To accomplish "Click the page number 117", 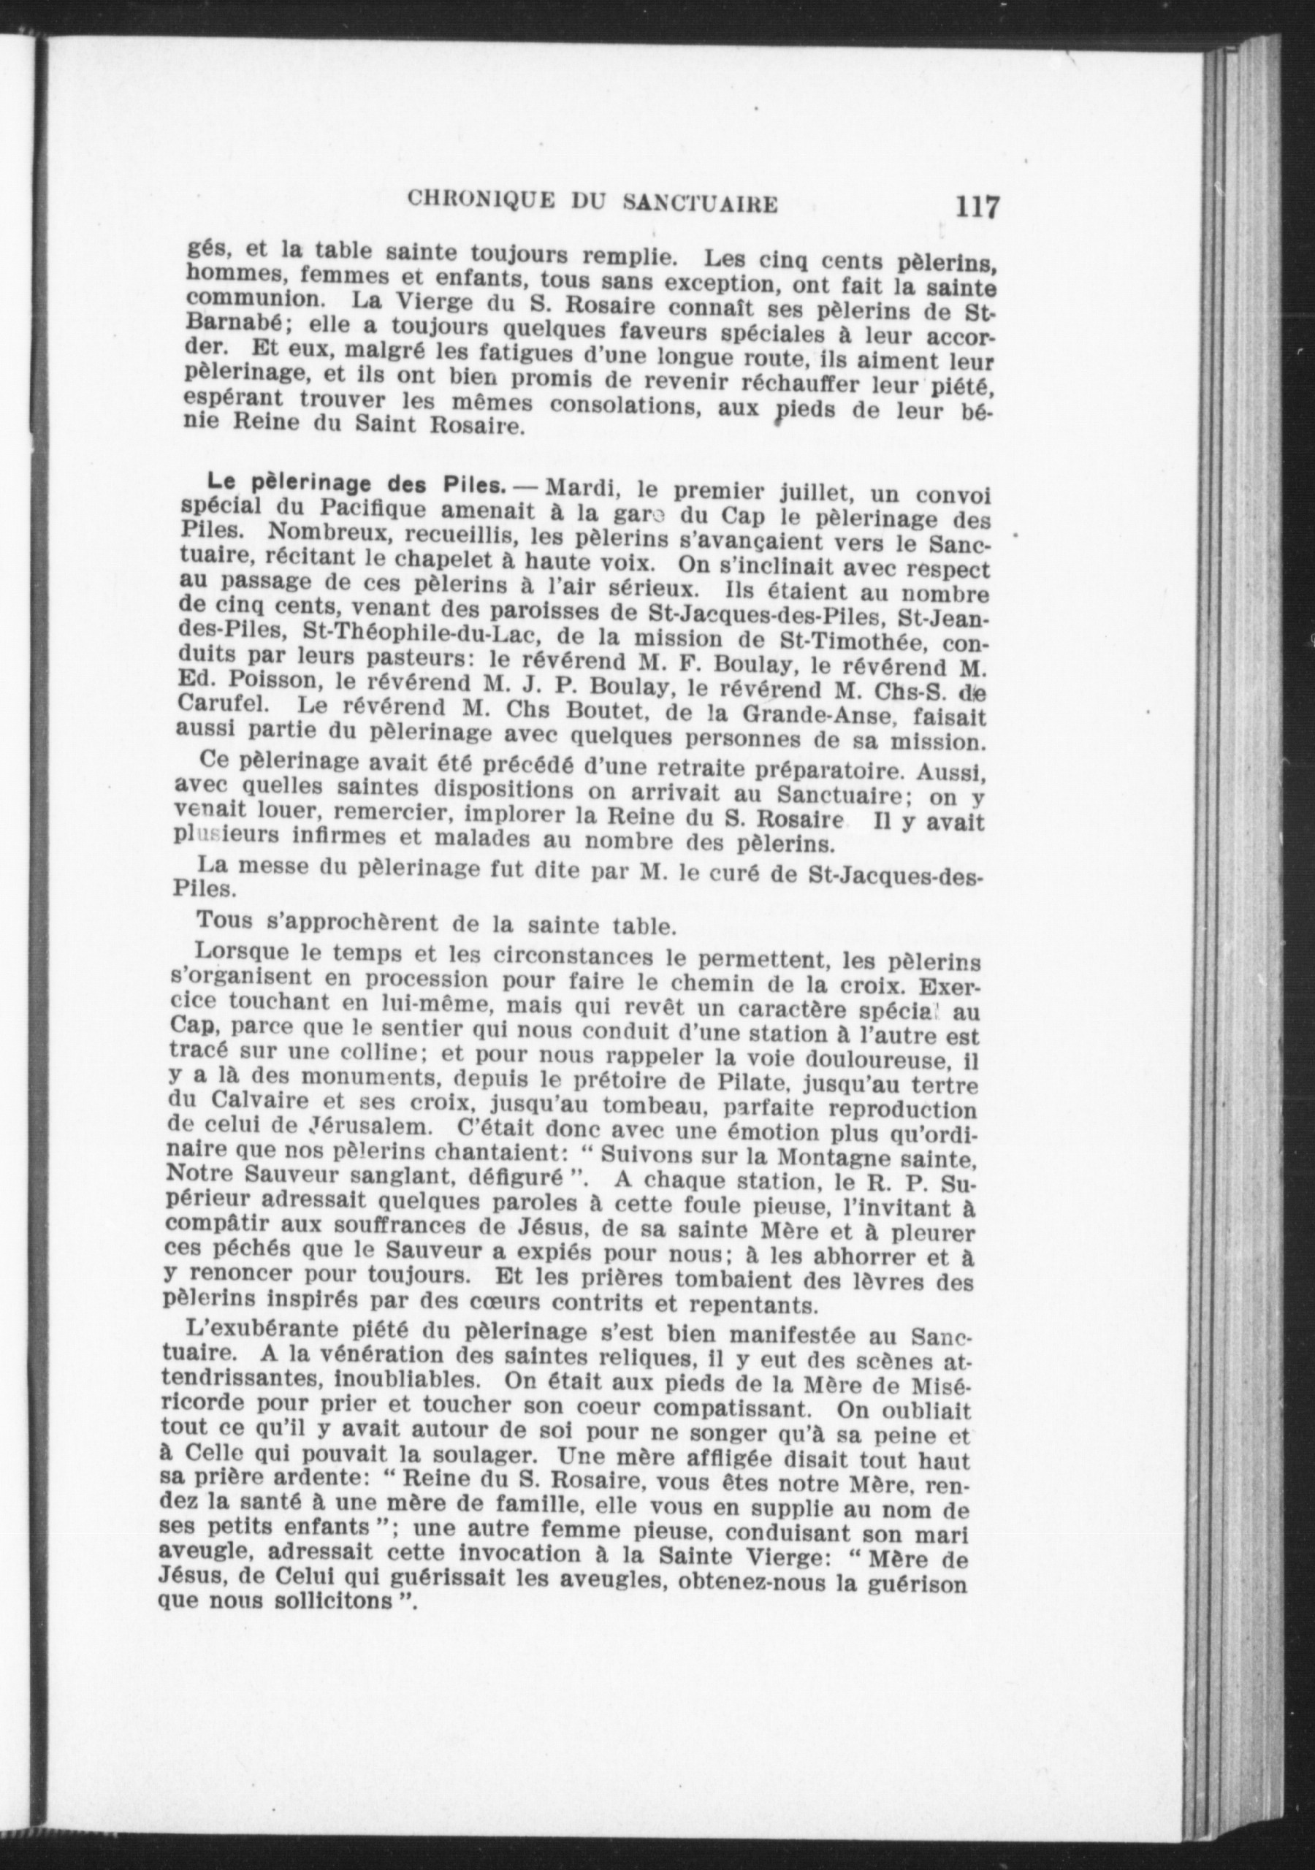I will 977,207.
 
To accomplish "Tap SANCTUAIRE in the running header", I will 699,204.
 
